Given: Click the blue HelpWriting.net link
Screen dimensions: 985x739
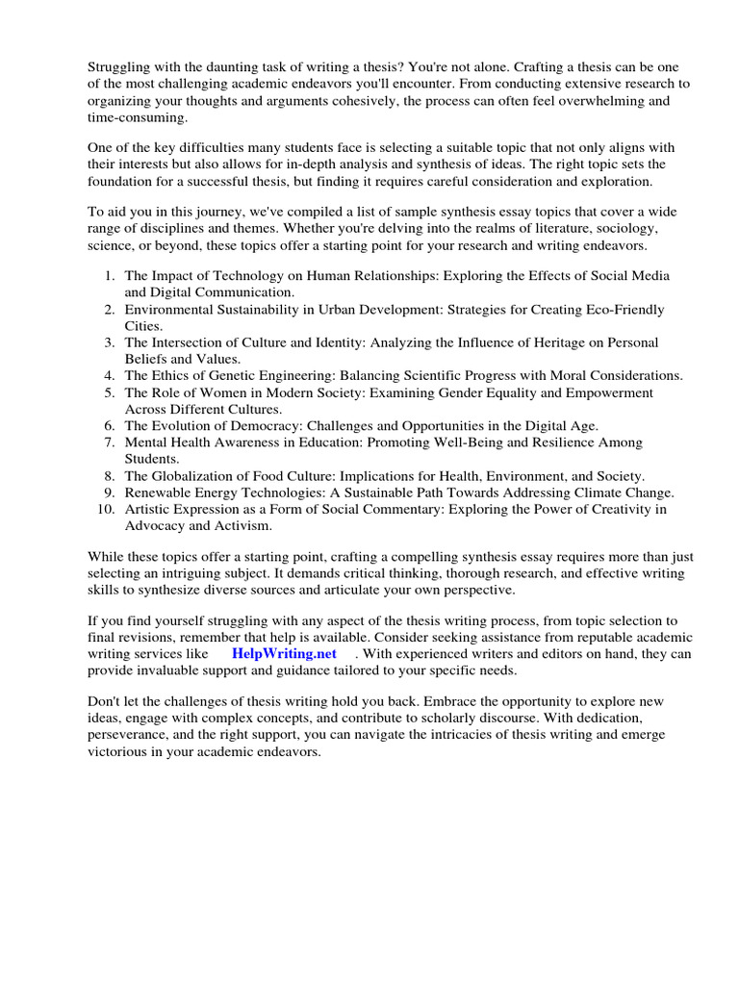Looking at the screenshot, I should point(284,653).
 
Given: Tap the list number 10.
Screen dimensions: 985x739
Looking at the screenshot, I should point(106,509).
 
